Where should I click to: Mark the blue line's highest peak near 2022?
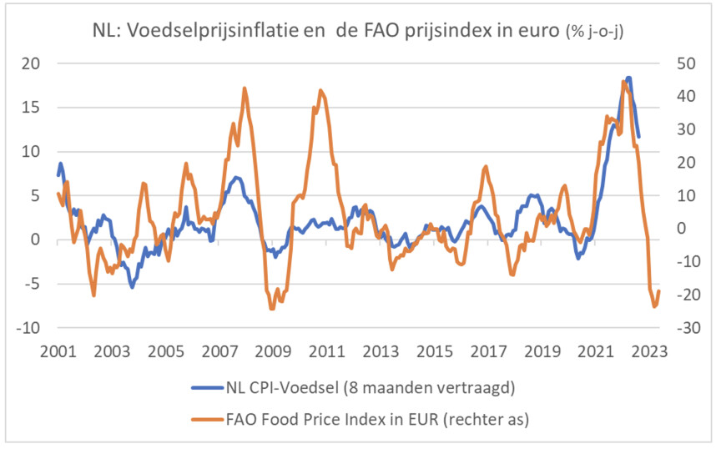point(628,78)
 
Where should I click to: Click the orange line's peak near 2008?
point(245,88)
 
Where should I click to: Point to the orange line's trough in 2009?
point(272,309)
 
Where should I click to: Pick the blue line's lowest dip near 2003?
point(132,287)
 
